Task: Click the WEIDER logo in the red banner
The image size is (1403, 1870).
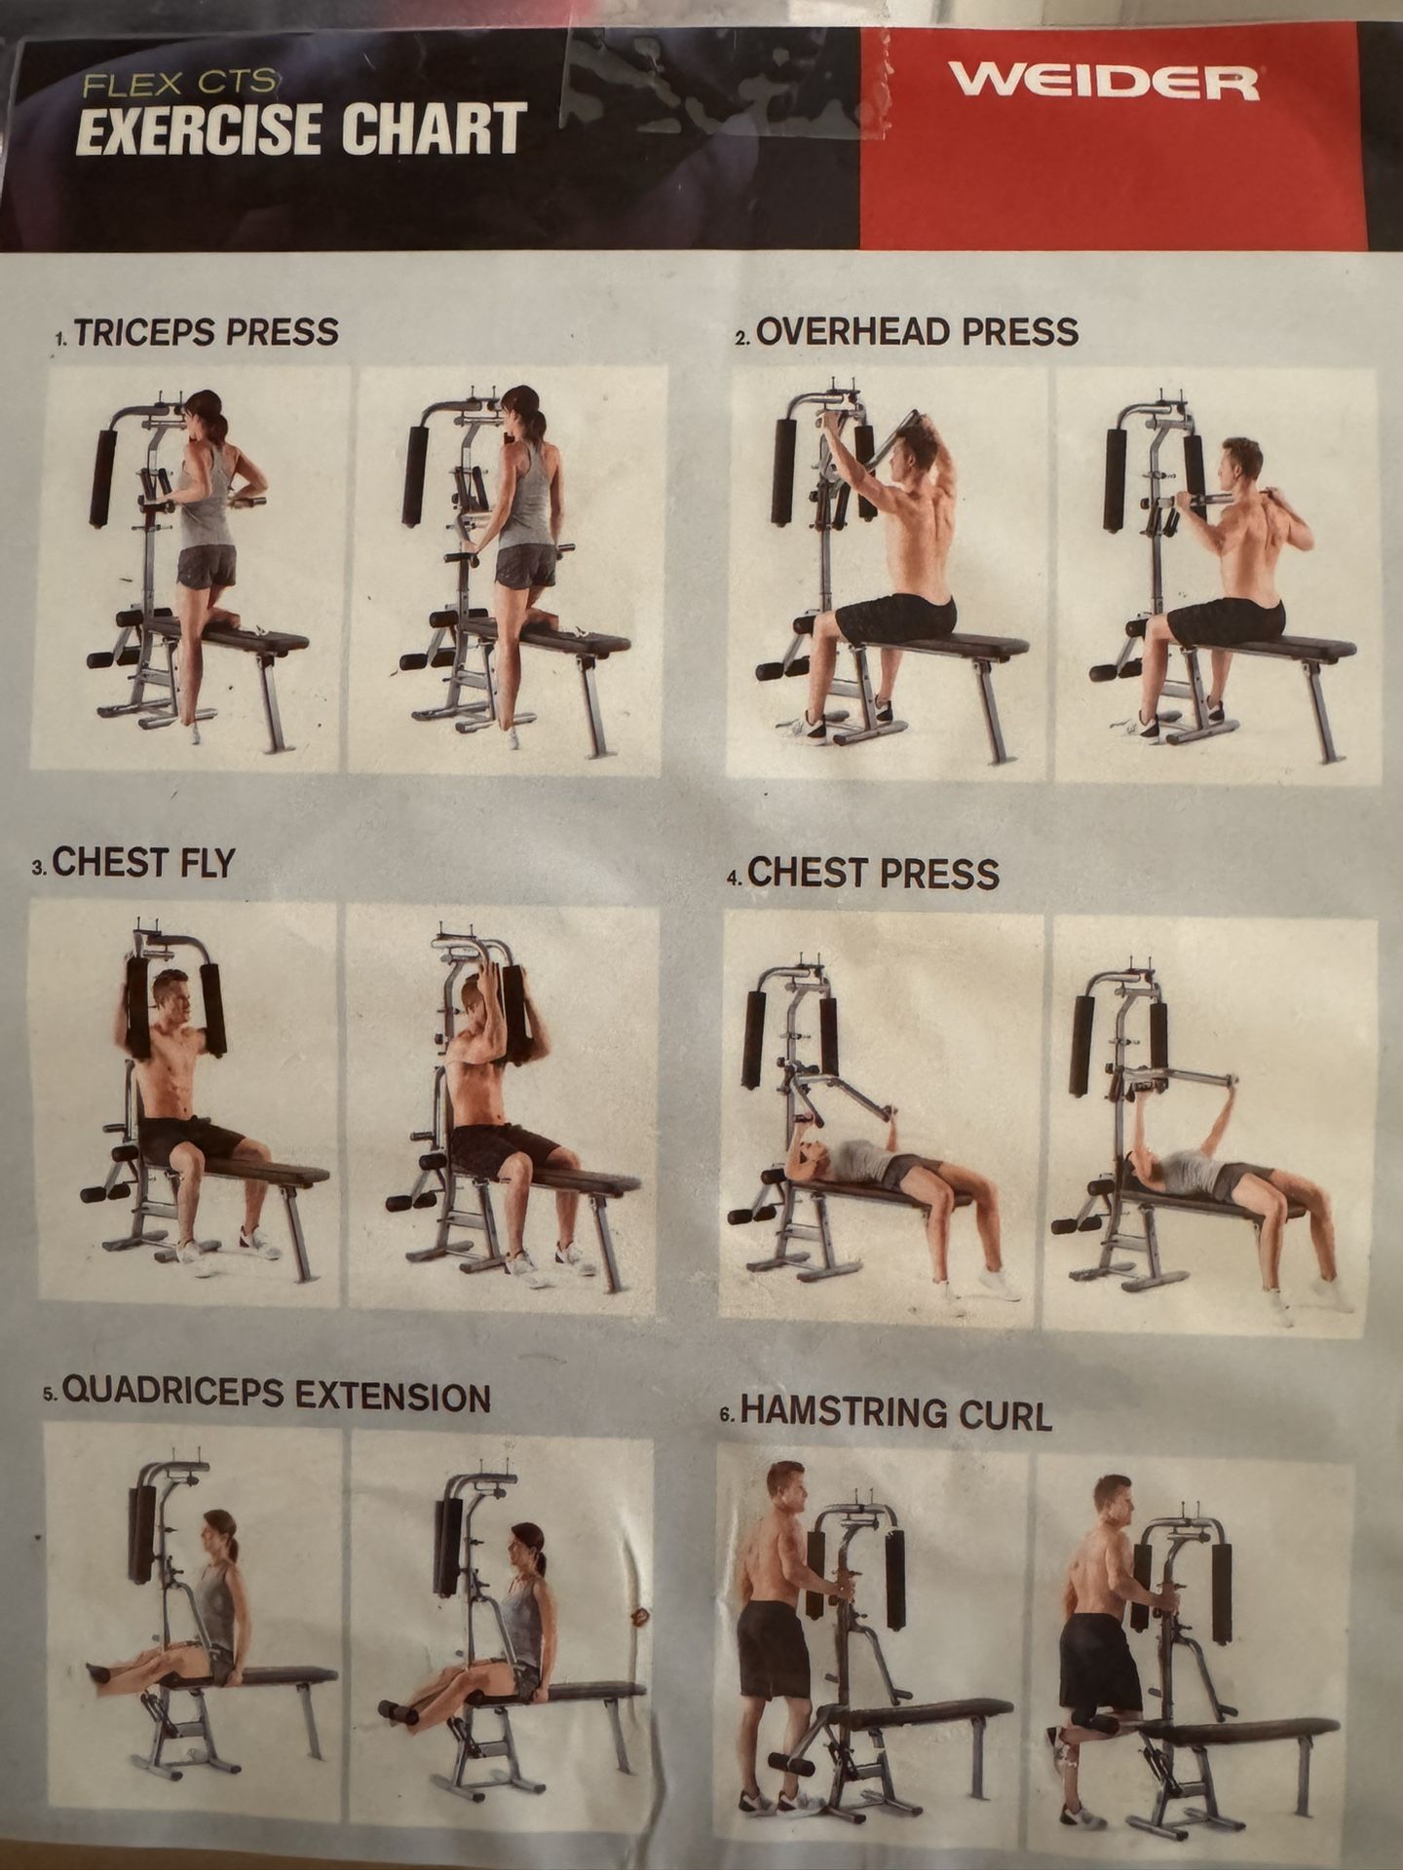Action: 1104,81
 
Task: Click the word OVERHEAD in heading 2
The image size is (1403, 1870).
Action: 853,332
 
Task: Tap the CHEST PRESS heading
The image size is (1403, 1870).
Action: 872,873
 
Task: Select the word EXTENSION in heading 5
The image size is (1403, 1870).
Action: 393,1397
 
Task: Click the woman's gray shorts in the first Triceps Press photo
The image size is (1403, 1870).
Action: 207,566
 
